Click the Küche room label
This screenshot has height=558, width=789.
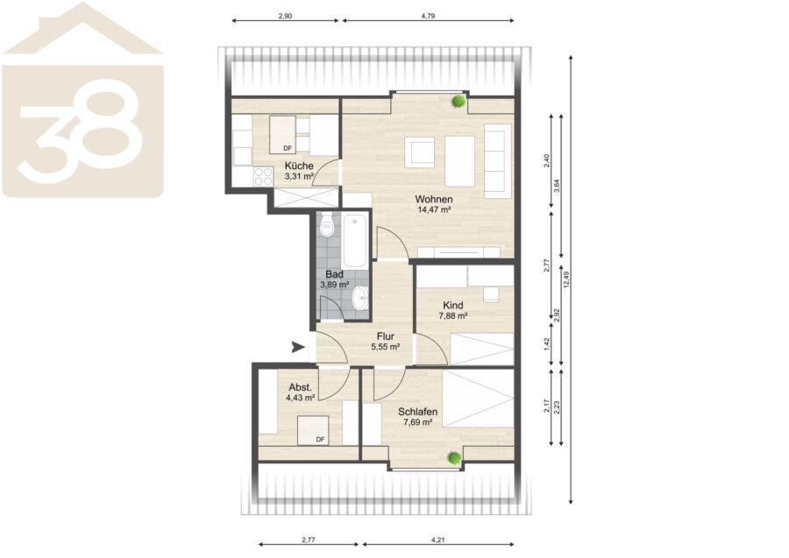pos(299,166)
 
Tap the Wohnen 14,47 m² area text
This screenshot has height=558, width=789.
pos(434,210)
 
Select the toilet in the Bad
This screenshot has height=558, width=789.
pos(328,225)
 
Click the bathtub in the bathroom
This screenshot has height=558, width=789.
pos(355,242)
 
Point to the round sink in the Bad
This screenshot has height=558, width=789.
pos(361,298)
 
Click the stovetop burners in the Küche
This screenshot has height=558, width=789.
pos(263,176)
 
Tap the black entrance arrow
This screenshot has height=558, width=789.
pos(298,347)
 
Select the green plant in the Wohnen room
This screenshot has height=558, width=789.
pos(458,101)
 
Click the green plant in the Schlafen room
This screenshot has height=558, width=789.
pos(454,457)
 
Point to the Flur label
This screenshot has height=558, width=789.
pos(386,336)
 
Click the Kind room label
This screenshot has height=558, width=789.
pos(453,305)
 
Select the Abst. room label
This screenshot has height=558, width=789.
pos(301,387)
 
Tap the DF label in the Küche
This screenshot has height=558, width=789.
pos(288,148)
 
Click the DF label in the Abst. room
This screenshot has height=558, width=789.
pos(320,440)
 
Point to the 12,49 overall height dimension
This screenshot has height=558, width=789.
pos(566,279)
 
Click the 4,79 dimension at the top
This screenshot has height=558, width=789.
pos(428,16)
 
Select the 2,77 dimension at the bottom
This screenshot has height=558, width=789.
pos(309,540)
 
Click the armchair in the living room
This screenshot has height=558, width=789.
pos(420,152)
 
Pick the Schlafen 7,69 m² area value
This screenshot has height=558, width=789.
pos(417,422)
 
